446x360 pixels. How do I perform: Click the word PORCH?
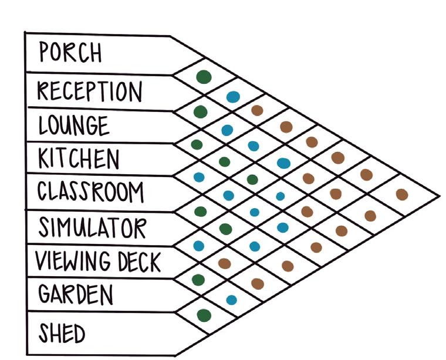pyautogui.click(x=70, y=53)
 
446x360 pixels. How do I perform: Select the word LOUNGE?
pyautogui.click(x=73, y=125)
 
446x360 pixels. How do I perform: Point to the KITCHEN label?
pyautogui.click(x=78, y=158)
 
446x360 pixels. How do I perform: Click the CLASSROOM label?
pyautogui.click(x=89, y=192)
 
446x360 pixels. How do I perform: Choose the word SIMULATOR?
pyautogui.click(x=91, y=226)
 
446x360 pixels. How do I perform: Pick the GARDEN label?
pyautogui.click(x=75, y=294)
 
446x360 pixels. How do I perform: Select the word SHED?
pyautogui.click(x=62, y=334)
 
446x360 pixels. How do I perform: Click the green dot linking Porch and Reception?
pyautogui.click(x=203, y=77)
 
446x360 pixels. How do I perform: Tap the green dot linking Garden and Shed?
pyautogui.click(x=204, y=315)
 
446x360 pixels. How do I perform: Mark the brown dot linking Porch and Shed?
pyautogui.click(x=401, y=194)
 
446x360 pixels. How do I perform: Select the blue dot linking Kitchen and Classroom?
pyautogui.click(x=198, y=176)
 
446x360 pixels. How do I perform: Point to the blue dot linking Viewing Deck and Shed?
pyautogui.click(x=231, y=300)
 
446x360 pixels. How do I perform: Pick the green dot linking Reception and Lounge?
pyautogui.click(x=200, y=111)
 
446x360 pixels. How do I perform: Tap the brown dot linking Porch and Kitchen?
pyautogui.click(x=256, y=110)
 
